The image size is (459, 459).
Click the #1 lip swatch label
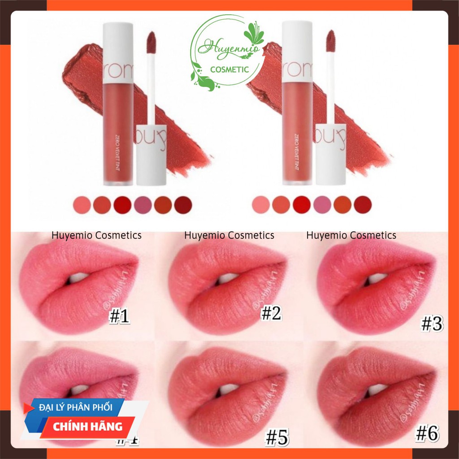pos(119,317)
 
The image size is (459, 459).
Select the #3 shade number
pos(432,325)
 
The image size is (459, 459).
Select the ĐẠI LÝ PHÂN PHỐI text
pos(82,407)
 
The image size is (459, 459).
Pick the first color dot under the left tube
pos(81,205)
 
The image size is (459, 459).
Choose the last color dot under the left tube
pos(183,205)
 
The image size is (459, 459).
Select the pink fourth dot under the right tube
pos(322,205)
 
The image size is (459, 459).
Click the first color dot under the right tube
pos(261,205)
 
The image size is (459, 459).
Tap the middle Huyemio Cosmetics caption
pos(229,235)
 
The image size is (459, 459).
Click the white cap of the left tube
pos(118,47)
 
